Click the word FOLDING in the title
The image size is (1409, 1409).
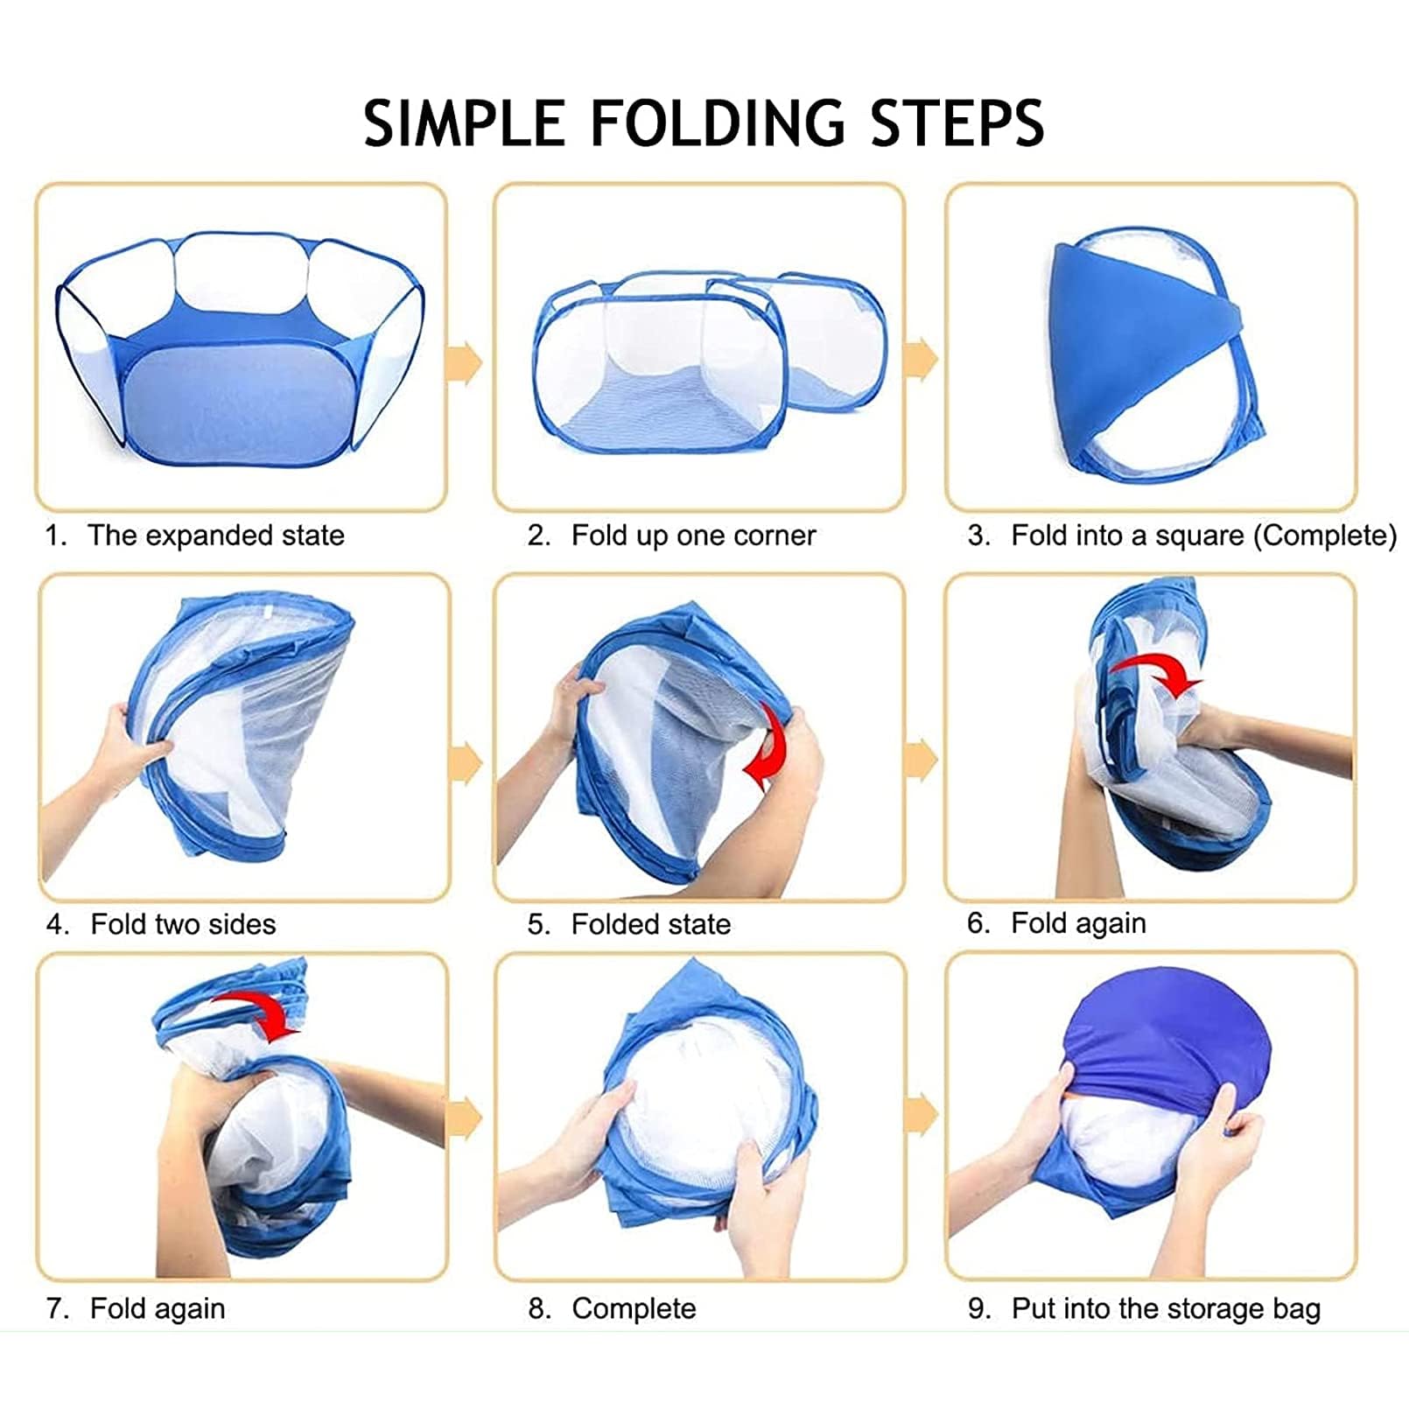coord(718,123)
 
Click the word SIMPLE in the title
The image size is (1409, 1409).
coord(465,123)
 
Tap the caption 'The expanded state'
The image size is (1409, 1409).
coord(216,535)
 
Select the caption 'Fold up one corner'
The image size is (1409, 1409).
coord(693,535)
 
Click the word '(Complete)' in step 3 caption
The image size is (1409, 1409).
coord(1325,535)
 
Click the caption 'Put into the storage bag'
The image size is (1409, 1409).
coord(1166,1308)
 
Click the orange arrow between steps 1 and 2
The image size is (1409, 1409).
coord(464,362)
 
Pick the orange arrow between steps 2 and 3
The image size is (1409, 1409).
coord(921,360)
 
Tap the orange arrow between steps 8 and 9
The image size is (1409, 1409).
coord(922,1114)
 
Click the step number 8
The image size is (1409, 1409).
coord(539,1308)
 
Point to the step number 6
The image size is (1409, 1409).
coord(978,922)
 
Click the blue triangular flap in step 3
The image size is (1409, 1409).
coord(1138,350)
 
